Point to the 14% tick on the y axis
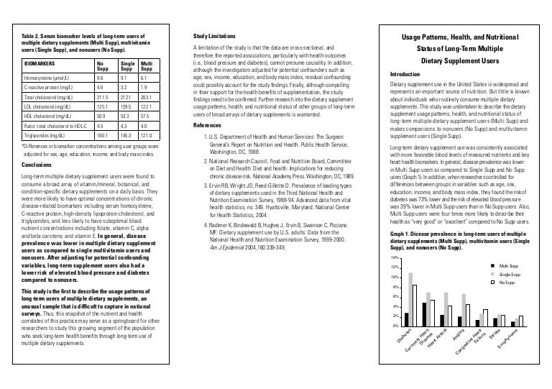394,257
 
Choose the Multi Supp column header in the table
148,64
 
